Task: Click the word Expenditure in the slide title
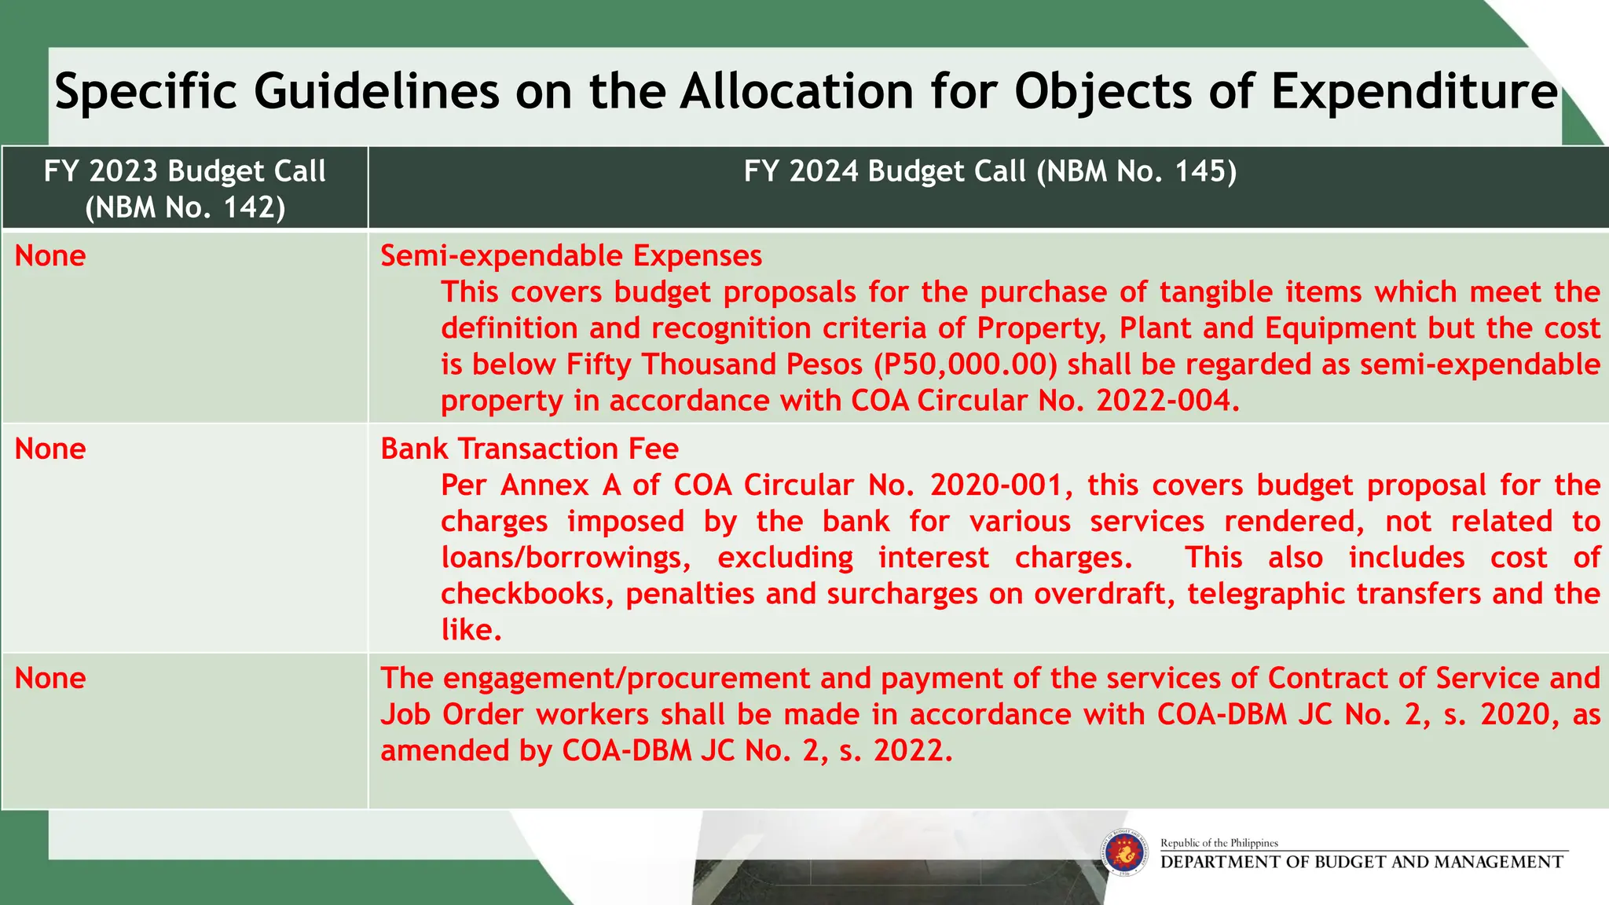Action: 1414,92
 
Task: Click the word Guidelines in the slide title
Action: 376,92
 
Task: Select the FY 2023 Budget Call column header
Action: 185,189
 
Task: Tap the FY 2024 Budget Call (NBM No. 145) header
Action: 990,171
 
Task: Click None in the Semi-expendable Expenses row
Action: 50,256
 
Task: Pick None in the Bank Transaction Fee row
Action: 50,449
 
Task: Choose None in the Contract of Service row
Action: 50,679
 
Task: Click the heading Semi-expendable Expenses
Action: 571,256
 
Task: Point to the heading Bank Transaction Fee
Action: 530,449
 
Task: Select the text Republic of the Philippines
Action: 1219,843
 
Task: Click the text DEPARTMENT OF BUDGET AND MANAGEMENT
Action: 1362,863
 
